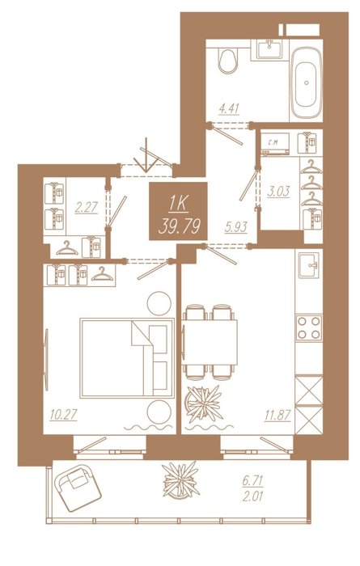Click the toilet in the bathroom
click(x=228, y=61)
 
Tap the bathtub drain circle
click(x=307, y=82)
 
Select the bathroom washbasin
click(x=270, y=49)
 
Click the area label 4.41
click(x=230, y=108)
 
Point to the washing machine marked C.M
click(x=276, y=144)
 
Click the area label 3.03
click(x=278, y=192)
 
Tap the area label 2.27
click(x=87, y=208)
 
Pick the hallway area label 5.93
click(x=235, y=227)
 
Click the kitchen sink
click(x=309, y=265)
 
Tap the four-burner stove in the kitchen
click(x=309, y=327)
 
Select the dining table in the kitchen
click(x=210, y=342)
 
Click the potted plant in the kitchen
click(x=203, y=403)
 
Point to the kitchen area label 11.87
click(x=277, y=415)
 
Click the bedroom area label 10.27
click(x=63, y=414)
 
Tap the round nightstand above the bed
click(x=159, y=303)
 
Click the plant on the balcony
click(x=181, y=479)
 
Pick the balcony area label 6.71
click(x=252, y=481)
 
